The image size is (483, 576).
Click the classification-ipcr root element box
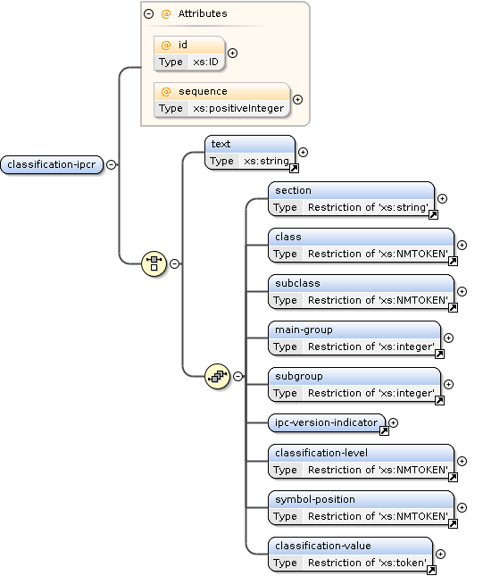click(53, 164)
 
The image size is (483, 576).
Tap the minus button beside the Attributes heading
click(148, 14)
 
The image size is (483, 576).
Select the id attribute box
click(188, 53)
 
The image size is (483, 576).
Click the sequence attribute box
click(221, 99)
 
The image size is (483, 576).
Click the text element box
click(250, 152)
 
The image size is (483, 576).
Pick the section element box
click(351, 198)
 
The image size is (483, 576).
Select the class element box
click(362, 245)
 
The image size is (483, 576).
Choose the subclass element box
click(362, 291)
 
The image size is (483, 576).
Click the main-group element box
click(354, 338)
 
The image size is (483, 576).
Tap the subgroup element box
click(354, 384)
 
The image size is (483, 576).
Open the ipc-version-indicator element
click(326, 422)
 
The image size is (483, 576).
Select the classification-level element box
click(362, 461)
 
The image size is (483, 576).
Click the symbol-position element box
click(362, 507)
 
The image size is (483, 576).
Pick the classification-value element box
click(351, 554)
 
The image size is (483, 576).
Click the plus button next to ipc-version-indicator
click(394, 422)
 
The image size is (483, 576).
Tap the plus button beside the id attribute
click(233, 53)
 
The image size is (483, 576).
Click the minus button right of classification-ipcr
click(111, 164)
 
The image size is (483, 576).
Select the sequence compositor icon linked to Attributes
click(154, 263)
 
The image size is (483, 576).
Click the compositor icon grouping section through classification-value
click(217, 376)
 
